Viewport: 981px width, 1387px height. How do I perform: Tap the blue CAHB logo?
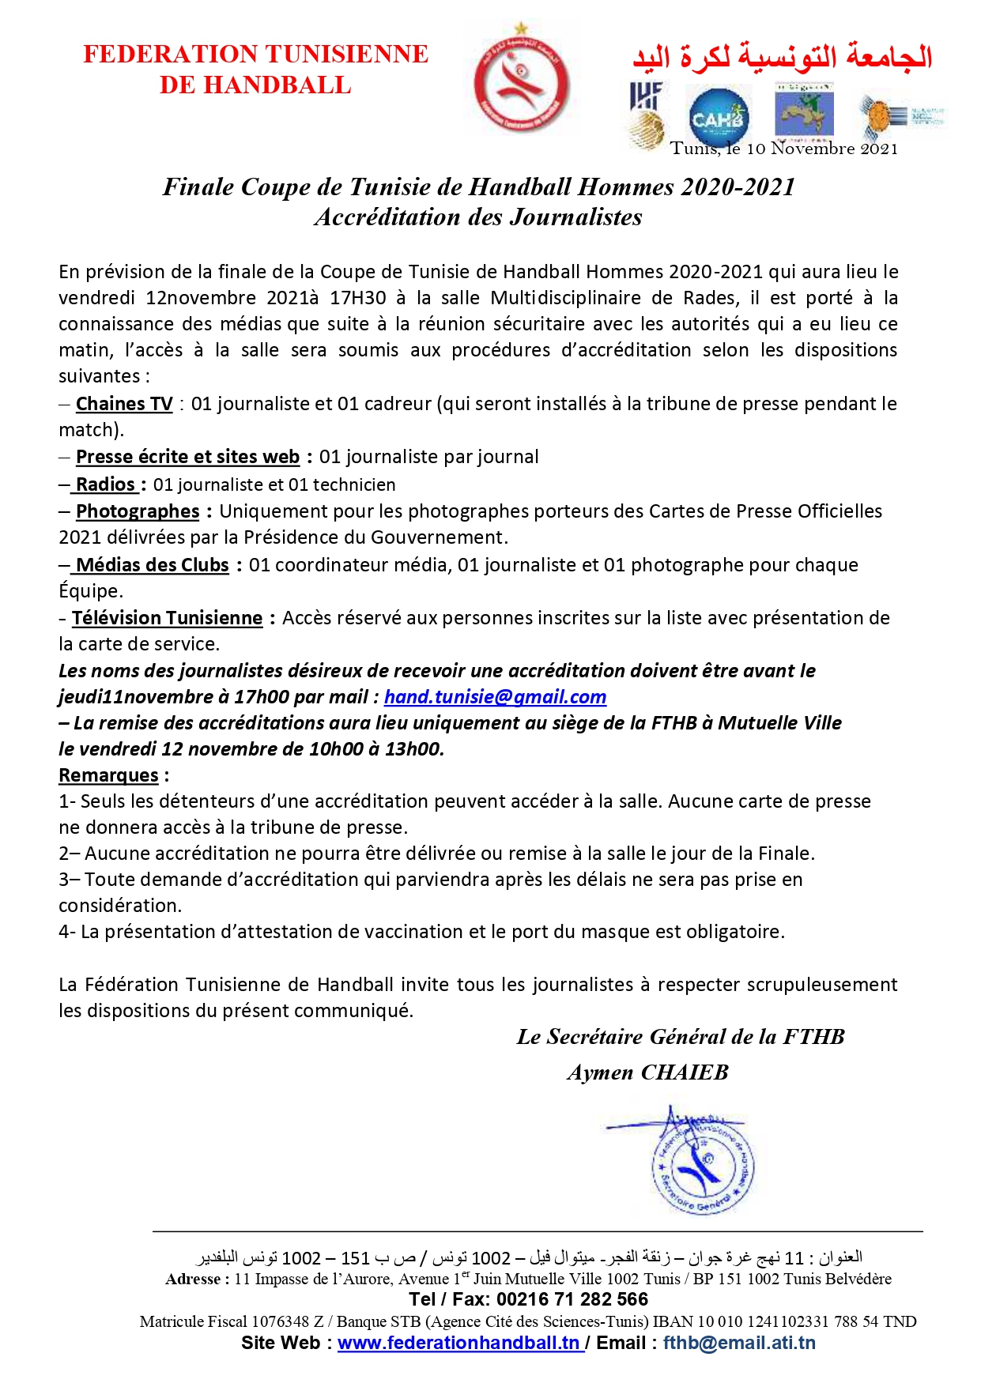tap(717, 118)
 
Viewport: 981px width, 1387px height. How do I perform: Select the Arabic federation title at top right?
tap(782, 56)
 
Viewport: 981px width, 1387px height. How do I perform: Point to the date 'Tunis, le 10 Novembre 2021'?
tap(784, 149)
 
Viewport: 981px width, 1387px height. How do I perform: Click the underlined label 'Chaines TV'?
tap(124, 404)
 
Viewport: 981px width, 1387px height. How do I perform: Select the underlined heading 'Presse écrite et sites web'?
tap(187, 457)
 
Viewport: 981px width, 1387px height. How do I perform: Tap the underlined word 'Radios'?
tap(105, 484)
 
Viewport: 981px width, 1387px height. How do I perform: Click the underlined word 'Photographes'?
tap(138, 511)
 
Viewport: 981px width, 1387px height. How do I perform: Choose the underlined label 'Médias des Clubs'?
tap(152, 565)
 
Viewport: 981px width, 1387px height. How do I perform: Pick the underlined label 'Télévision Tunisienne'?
tap(167, 618)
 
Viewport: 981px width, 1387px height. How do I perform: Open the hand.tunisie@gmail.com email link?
tap(495, 697)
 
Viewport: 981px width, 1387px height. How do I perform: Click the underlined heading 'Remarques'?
tap(108, 775)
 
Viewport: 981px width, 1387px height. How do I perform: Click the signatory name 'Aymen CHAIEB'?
tap(647, 1072)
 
